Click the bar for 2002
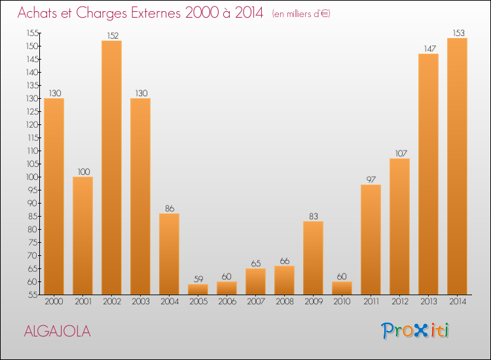pos(111,168)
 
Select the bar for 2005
pos(198,289)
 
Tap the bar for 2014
pos(457,166)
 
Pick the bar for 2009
pos(313,258)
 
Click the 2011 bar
pos(371,240)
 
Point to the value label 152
pos(111,35)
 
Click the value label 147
pos(428,48)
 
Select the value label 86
pos(169,208)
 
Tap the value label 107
pos(399,153)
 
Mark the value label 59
pos(198,279)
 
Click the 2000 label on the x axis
pos(54,302)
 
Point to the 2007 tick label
pos(255,302)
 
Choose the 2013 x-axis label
pos(428,302)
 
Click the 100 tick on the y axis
pos(31,177)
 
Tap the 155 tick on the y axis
pos(31,33)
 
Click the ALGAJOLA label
pos(57,331)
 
